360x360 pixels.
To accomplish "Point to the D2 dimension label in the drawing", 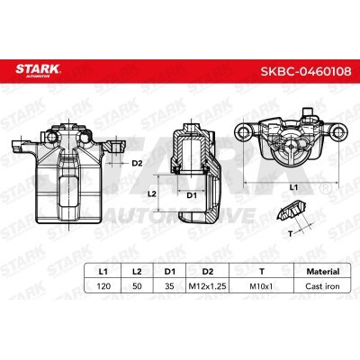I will (138, 162).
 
